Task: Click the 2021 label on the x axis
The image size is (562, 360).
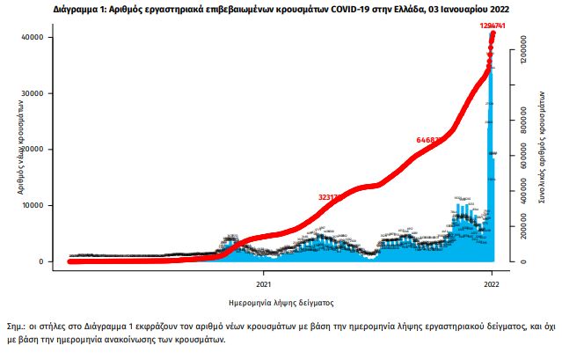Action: (x=263, y=284)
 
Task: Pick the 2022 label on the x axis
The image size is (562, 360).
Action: (x=492, y=284)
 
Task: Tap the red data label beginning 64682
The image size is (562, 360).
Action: (x=431, y=139)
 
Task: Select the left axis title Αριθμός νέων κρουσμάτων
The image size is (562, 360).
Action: (x=18, y=151)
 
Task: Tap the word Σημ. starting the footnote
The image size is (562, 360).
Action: (x=16, y=325)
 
